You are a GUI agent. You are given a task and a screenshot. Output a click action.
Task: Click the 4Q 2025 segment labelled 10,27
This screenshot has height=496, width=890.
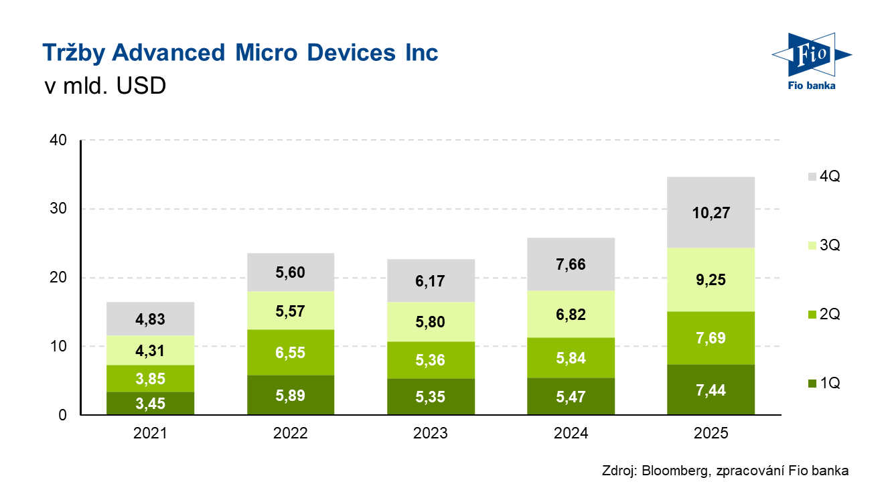click(x=711, y=213)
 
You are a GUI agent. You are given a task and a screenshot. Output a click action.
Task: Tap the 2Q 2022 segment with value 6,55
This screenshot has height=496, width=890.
click(x=290, y=352)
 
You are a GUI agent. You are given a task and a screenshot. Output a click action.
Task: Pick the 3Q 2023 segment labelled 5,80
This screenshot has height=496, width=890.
click(x=431, y=322)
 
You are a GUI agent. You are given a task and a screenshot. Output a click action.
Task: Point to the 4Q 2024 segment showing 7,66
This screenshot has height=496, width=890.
click(x=571, y=264)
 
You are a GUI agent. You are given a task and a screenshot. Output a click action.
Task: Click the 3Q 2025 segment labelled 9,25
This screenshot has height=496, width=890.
click(x=711, y=280)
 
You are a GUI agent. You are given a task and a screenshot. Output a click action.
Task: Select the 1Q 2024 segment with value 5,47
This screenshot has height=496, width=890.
click(x=571, y=396)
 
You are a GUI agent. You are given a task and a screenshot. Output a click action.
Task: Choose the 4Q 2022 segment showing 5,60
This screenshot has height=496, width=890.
click(x=290, y=272)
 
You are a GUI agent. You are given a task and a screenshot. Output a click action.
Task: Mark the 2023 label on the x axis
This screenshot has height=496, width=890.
click(x=431, y=433)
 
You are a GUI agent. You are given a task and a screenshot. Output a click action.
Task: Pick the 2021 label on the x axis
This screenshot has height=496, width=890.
click(x=150, y=433)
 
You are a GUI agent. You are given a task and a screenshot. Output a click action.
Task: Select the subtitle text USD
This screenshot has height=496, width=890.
click(x=141, y=86)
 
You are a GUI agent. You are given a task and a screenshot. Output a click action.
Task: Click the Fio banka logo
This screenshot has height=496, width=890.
click(x=810, y=60)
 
